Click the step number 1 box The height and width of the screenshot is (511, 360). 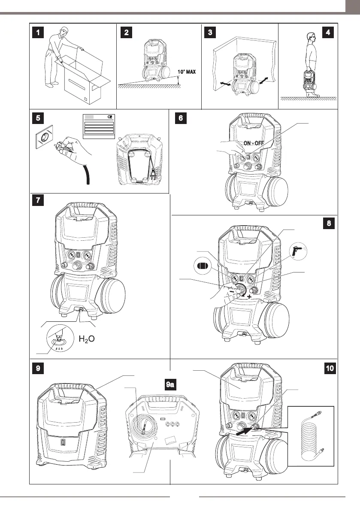[39, 32]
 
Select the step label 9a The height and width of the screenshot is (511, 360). [170, 384]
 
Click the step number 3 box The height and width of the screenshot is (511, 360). [209, 32]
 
